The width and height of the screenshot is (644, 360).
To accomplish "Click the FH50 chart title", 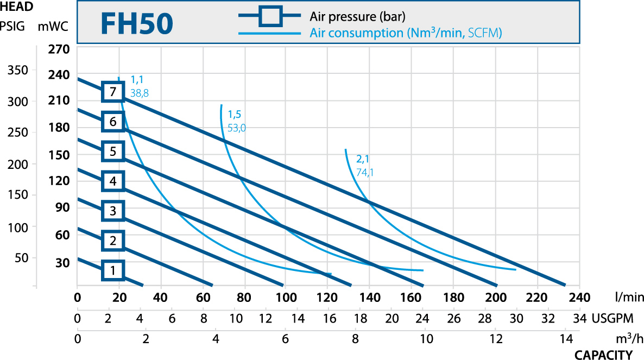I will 136,23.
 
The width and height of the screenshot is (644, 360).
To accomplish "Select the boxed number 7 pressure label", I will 113,92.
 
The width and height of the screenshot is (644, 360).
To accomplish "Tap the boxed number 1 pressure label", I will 113,270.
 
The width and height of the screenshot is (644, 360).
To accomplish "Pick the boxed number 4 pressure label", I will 113,181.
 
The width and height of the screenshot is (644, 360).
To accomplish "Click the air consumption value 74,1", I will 365,173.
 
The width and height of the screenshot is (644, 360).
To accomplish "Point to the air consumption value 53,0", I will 237,128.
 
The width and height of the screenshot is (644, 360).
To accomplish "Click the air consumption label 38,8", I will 140,93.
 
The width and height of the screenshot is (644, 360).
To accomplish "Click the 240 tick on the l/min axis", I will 579,298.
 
